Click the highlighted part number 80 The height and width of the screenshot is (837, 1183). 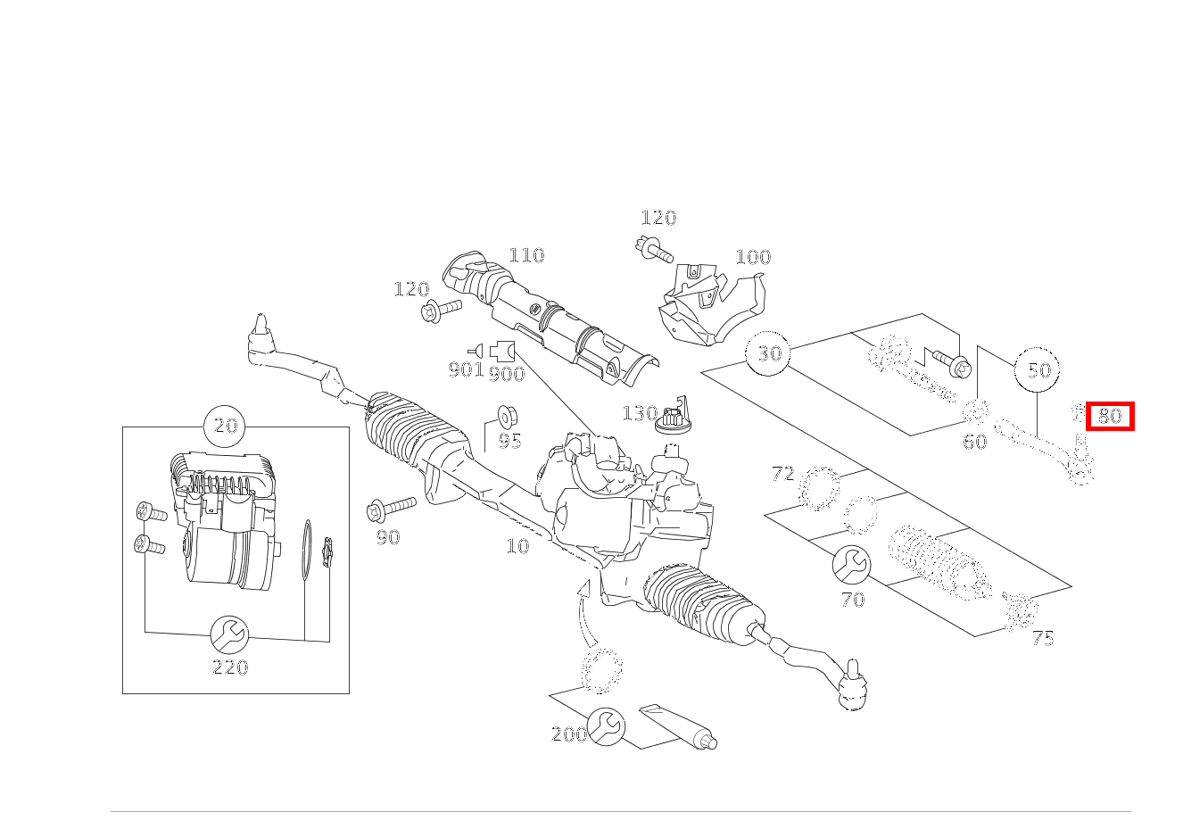point(1110,416)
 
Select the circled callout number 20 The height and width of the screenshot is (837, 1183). point(227,426)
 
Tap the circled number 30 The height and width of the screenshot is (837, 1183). point(769,353)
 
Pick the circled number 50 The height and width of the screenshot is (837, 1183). point(1038,369)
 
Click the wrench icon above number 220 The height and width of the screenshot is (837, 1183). point(229,635)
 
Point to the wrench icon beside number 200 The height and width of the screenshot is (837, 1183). point(608,727)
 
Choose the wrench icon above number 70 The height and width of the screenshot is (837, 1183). point(851,564)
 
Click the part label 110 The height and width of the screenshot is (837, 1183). point(526,256)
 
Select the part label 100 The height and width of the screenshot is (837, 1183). point(752,257)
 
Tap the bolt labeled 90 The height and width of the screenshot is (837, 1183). point(392,509)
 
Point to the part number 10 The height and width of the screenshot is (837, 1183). point(517,546)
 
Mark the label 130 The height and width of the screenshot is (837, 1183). point(639,413)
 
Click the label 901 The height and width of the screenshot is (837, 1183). point(465,369)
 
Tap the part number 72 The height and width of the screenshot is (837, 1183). point(782,474)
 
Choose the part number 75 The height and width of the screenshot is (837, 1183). point(1043,638)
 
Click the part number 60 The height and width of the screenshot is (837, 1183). point(974,441)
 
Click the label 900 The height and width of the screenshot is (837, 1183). point(507,374)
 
